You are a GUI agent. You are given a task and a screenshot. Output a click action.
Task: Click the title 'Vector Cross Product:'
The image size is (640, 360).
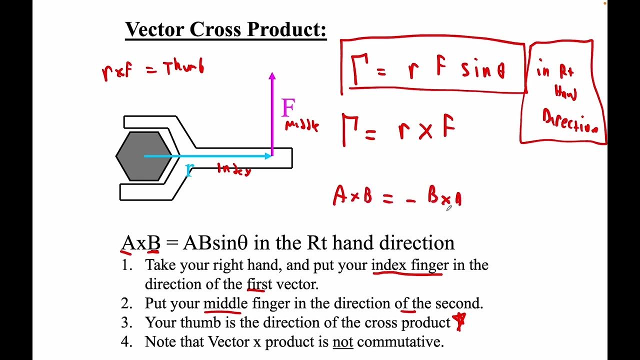pyautogui.click(x=225, y=30)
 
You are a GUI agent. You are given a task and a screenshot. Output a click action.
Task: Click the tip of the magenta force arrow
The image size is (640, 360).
pyautogui.click(x=272, y=74)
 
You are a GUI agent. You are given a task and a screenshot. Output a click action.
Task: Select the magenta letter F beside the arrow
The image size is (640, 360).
pyautogui.click(x=288, y=108)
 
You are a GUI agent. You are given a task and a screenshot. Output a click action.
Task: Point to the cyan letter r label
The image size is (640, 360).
pyautogui.click(x=188, y=170)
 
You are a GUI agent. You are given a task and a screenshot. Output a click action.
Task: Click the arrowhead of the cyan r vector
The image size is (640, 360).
pyautogui.click(x=268, y=156)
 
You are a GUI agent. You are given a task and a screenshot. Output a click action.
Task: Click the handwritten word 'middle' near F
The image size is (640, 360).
pyautogui.click(x=301, y=125)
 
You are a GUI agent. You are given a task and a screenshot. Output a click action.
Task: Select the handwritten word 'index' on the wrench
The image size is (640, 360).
pyautogui.click(x=233, y=169)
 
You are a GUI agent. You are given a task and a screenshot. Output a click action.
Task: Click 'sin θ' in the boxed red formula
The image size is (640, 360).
pyautogui.click(x=483, y=70)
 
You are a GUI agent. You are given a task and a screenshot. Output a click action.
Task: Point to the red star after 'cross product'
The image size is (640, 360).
pyautogui.click(x=459, y=321)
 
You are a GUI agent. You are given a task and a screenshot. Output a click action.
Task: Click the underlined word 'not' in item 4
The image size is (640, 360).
pyautogui.click(x=343, y=342)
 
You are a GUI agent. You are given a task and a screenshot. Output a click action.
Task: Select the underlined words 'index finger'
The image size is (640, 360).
pyautogui.click(x=410, y=264)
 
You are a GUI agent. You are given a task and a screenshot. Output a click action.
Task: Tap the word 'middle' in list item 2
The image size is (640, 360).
pyautogui.click(x=225, y=303)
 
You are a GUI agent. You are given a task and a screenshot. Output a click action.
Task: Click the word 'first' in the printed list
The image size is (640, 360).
pyautogui.click(x=259, y=284)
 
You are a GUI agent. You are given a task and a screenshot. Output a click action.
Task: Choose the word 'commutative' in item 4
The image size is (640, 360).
pyautogui.click(x=400, y=342)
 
